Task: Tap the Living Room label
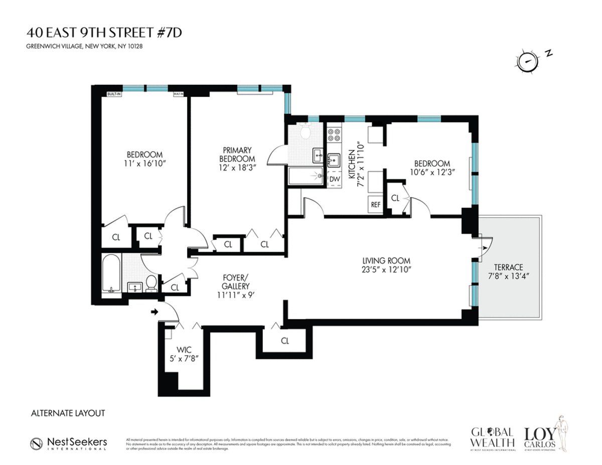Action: coord(386,260)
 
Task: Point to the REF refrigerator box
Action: coord(376,205)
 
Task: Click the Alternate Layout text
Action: coord(68,413)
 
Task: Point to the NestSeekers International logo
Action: coord(68,443)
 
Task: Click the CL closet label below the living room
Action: coord(285,341)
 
